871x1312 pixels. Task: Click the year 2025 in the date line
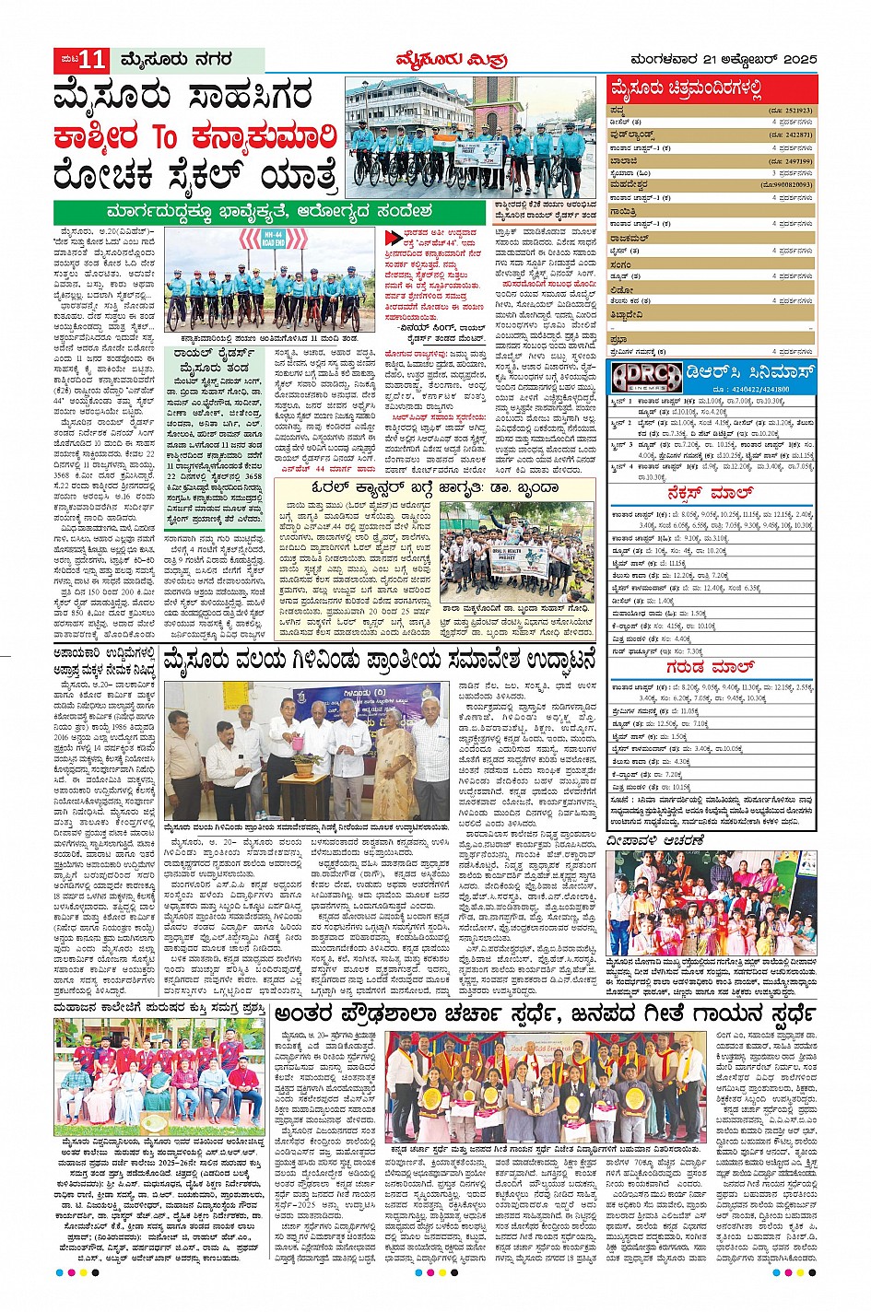click(x=797, y=60)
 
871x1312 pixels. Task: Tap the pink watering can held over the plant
click(x=292, y=740)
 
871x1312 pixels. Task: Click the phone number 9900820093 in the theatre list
click(x=787, y=185)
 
